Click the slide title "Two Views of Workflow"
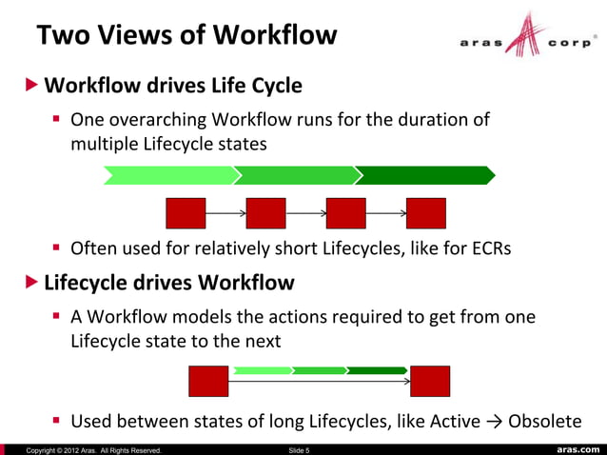(186, 35)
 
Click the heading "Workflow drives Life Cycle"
(173, 86)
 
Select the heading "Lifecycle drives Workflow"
(169, 283)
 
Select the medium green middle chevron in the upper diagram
(296, 175)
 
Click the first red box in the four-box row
(186, 213)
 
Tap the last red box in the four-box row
(425, 213)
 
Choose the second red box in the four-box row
(265, 213)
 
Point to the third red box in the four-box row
(345, 213)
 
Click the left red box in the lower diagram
(208, 381)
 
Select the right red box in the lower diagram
(429, 381)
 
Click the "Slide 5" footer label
(298, 449)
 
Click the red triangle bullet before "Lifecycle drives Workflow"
(32, 283)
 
